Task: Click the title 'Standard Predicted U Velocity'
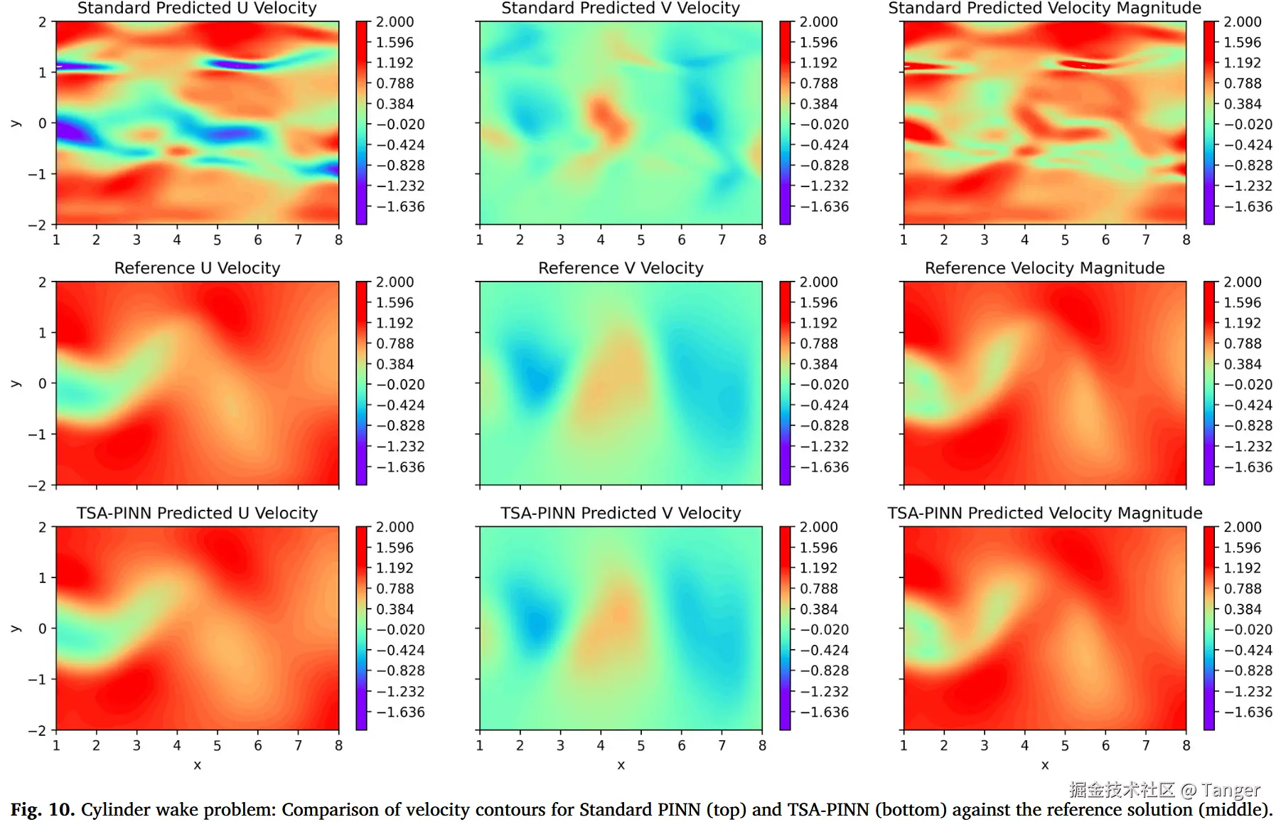(197, 9)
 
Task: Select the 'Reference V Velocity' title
(621, 268)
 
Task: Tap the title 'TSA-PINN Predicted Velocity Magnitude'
(1044, 513)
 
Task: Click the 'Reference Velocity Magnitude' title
(1044, 268)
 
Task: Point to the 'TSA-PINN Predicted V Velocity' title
(621, 513)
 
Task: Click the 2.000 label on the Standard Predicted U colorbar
(395, 22)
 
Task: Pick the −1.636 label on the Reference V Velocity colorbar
(825, 467)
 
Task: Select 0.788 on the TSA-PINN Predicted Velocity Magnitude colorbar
(1243, 589)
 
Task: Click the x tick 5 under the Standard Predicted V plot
(641, 240)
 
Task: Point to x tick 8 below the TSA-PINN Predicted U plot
(338, 746)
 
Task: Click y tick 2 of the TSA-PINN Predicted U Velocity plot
(43, 528)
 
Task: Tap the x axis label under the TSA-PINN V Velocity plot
(621, 765)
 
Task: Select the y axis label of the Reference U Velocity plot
(15, 384)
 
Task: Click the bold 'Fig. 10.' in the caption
(42, 810)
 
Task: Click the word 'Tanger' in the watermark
(1231, 790)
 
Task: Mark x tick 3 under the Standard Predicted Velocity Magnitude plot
(984, 240)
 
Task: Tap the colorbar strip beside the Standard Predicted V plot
(785, 123)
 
